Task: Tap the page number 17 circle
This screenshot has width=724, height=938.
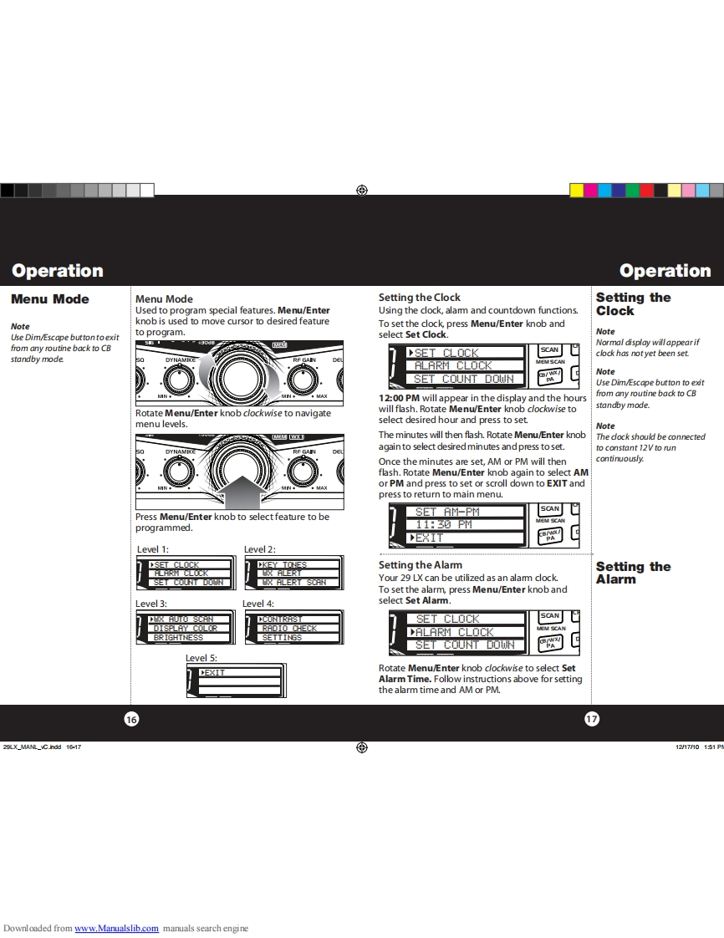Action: coord(592,719)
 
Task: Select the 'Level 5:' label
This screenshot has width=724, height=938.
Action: coord(201,658)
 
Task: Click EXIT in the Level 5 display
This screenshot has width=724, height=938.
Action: coord(215,673)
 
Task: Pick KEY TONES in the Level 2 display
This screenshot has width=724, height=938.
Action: coord(284,565)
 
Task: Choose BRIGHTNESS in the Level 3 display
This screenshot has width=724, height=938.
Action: coord(178,638)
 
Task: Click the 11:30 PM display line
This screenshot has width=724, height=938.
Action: coord(444,524)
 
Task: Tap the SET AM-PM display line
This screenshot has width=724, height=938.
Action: coord(447,512)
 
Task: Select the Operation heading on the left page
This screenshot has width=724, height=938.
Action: coord(58,271)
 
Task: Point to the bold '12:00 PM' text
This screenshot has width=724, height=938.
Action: coord(400,398)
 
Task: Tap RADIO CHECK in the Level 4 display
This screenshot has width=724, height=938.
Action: coord(289,629)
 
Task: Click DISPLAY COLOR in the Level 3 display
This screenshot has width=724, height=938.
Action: coord(185,629)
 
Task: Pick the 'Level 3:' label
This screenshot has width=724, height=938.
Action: coord(151,603)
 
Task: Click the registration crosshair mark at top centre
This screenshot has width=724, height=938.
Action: coord(361,191)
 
